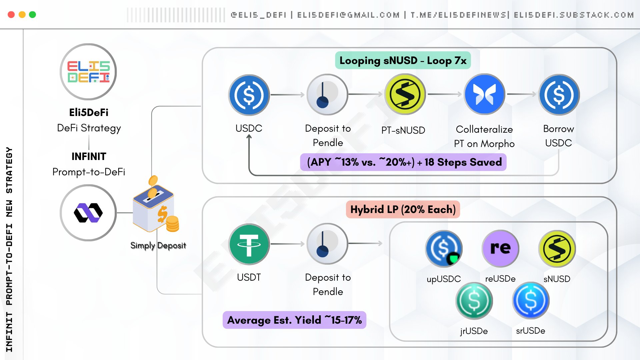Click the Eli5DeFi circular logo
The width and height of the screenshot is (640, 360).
click(x=88, y=72)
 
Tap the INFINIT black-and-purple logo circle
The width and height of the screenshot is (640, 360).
click(x=88, y=213)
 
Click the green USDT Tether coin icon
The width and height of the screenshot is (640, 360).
click(x=249, y=244)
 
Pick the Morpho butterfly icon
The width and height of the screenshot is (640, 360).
click(x=484, y=94)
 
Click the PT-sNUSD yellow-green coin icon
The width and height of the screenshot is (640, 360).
click(x=405, y=94)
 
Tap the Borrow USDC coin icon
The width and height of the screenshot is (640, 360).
click(x=559, y=95)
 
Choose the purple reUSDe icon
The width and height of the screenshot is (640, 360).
click(x=500, y=248)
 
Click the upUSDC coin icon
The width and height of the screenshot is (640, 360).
click(x=444, y=248)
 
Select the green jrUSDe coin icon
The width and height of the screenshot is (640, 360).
click(x=474, y=301)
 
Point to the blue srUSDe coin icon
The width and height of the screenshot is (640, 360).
click(x=531, y=301)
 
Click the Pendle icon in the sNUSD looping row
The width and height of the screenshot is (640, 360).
click(x=327, y=95)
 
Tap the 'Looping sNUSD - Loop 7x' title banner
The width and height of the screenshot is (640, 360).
click(x=403, y=60)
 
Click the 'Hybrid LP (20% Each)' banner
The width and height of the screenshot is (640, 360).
click(x=403, y=209)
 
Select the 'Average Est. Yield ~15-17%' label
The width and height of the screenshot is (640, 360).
click(x=294, y=320)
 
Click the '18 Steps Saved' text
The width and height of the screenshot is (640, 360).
click(x=463, y=162)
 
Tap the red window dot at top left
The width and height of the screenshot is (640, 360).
click(x=11, y=15)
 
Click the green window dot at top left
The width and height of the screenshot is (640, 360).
click(x=32, y=15)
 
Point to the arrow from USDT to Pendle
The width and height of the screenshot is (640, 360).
click(x=288, y=244)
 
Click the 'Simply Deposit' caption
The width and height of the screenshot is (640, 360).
click(x=158, y=245)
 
